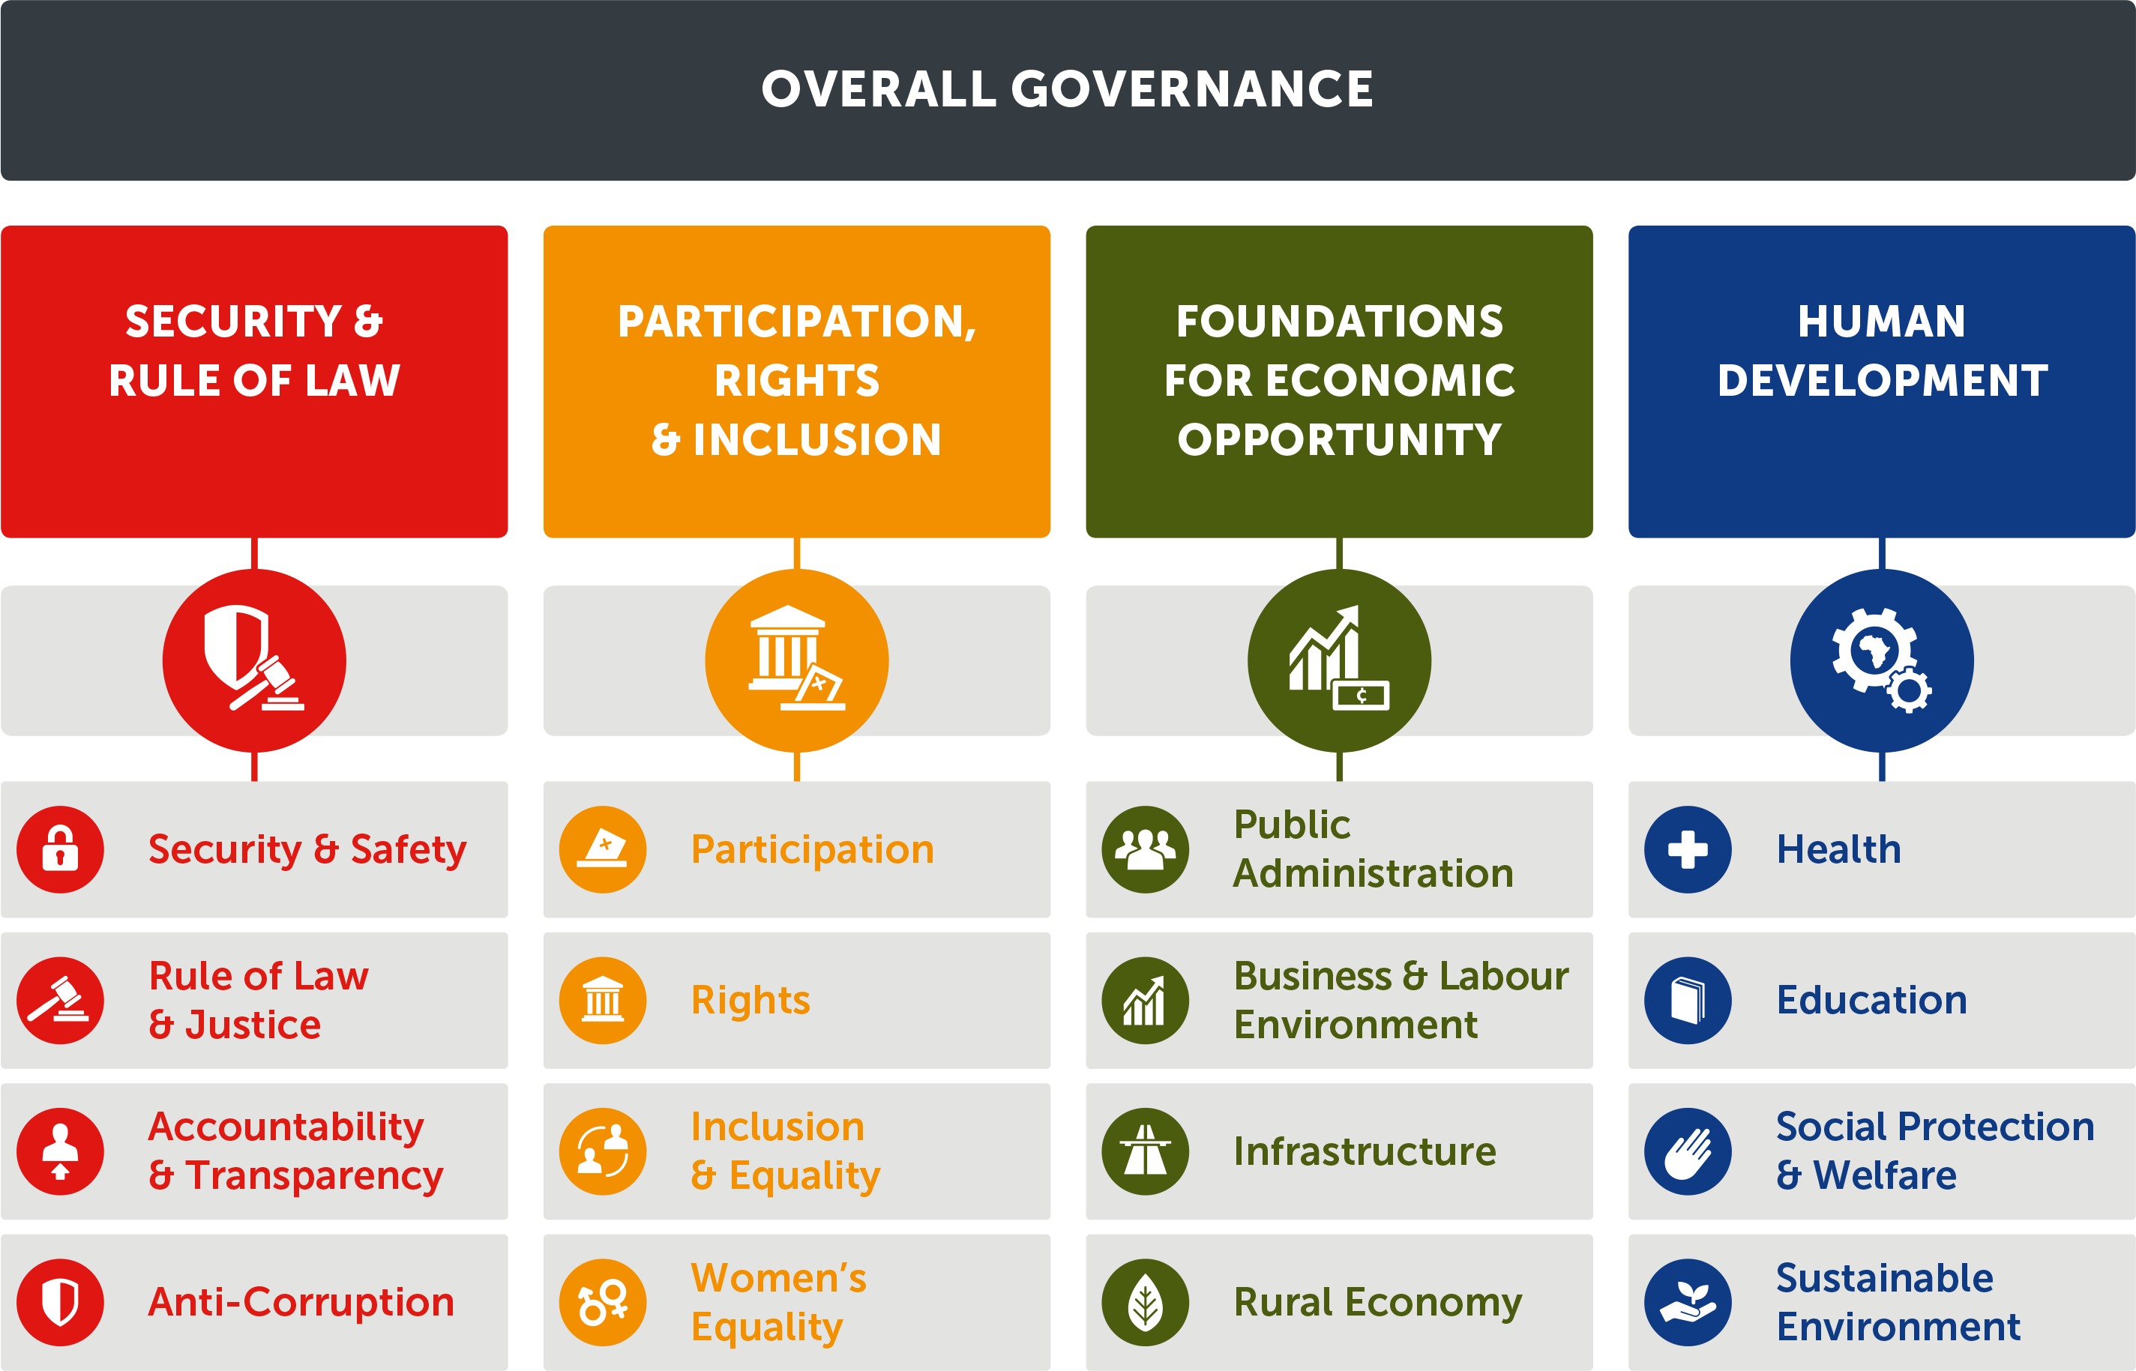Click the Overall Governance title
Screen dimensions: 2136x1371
1068,89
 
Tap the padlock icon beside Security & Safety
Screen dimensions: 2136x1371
61,849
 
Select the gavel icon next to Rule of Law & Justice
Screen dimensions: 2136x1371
61,1000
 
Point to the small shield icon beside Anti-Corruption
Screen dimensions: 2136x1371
61,1303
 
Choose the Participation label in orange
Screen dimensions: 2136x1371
813,849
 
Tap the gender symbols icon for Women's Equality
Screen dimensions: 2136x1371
603,1303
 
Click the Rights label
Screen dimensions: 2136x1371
750,1001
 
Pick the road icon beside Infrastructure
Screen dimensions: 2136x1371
1145,1151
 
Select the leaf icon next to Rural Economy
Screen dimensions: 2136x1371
1145,1303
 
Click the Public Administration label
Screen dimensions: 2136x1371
1373,849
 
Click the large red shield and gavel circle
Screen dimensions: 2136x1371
255,660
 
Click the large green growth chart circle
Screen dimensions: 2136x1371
1339,660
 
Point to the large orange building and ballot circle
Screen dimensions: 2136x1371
797,660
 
